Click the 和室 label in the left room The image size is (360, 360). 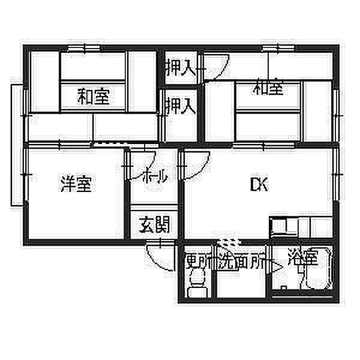[x=93, y=96]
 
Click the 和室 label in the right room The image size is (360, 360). [x=268, y=89]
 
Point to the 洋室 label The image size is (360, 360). [x=76, y=185]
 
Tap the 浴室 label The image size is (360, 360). [x=301, y=259]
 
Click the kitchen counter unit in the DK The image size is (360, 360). [x=290, y=228]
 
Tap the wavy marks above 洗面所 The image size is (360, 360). [x=227, y=243]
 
